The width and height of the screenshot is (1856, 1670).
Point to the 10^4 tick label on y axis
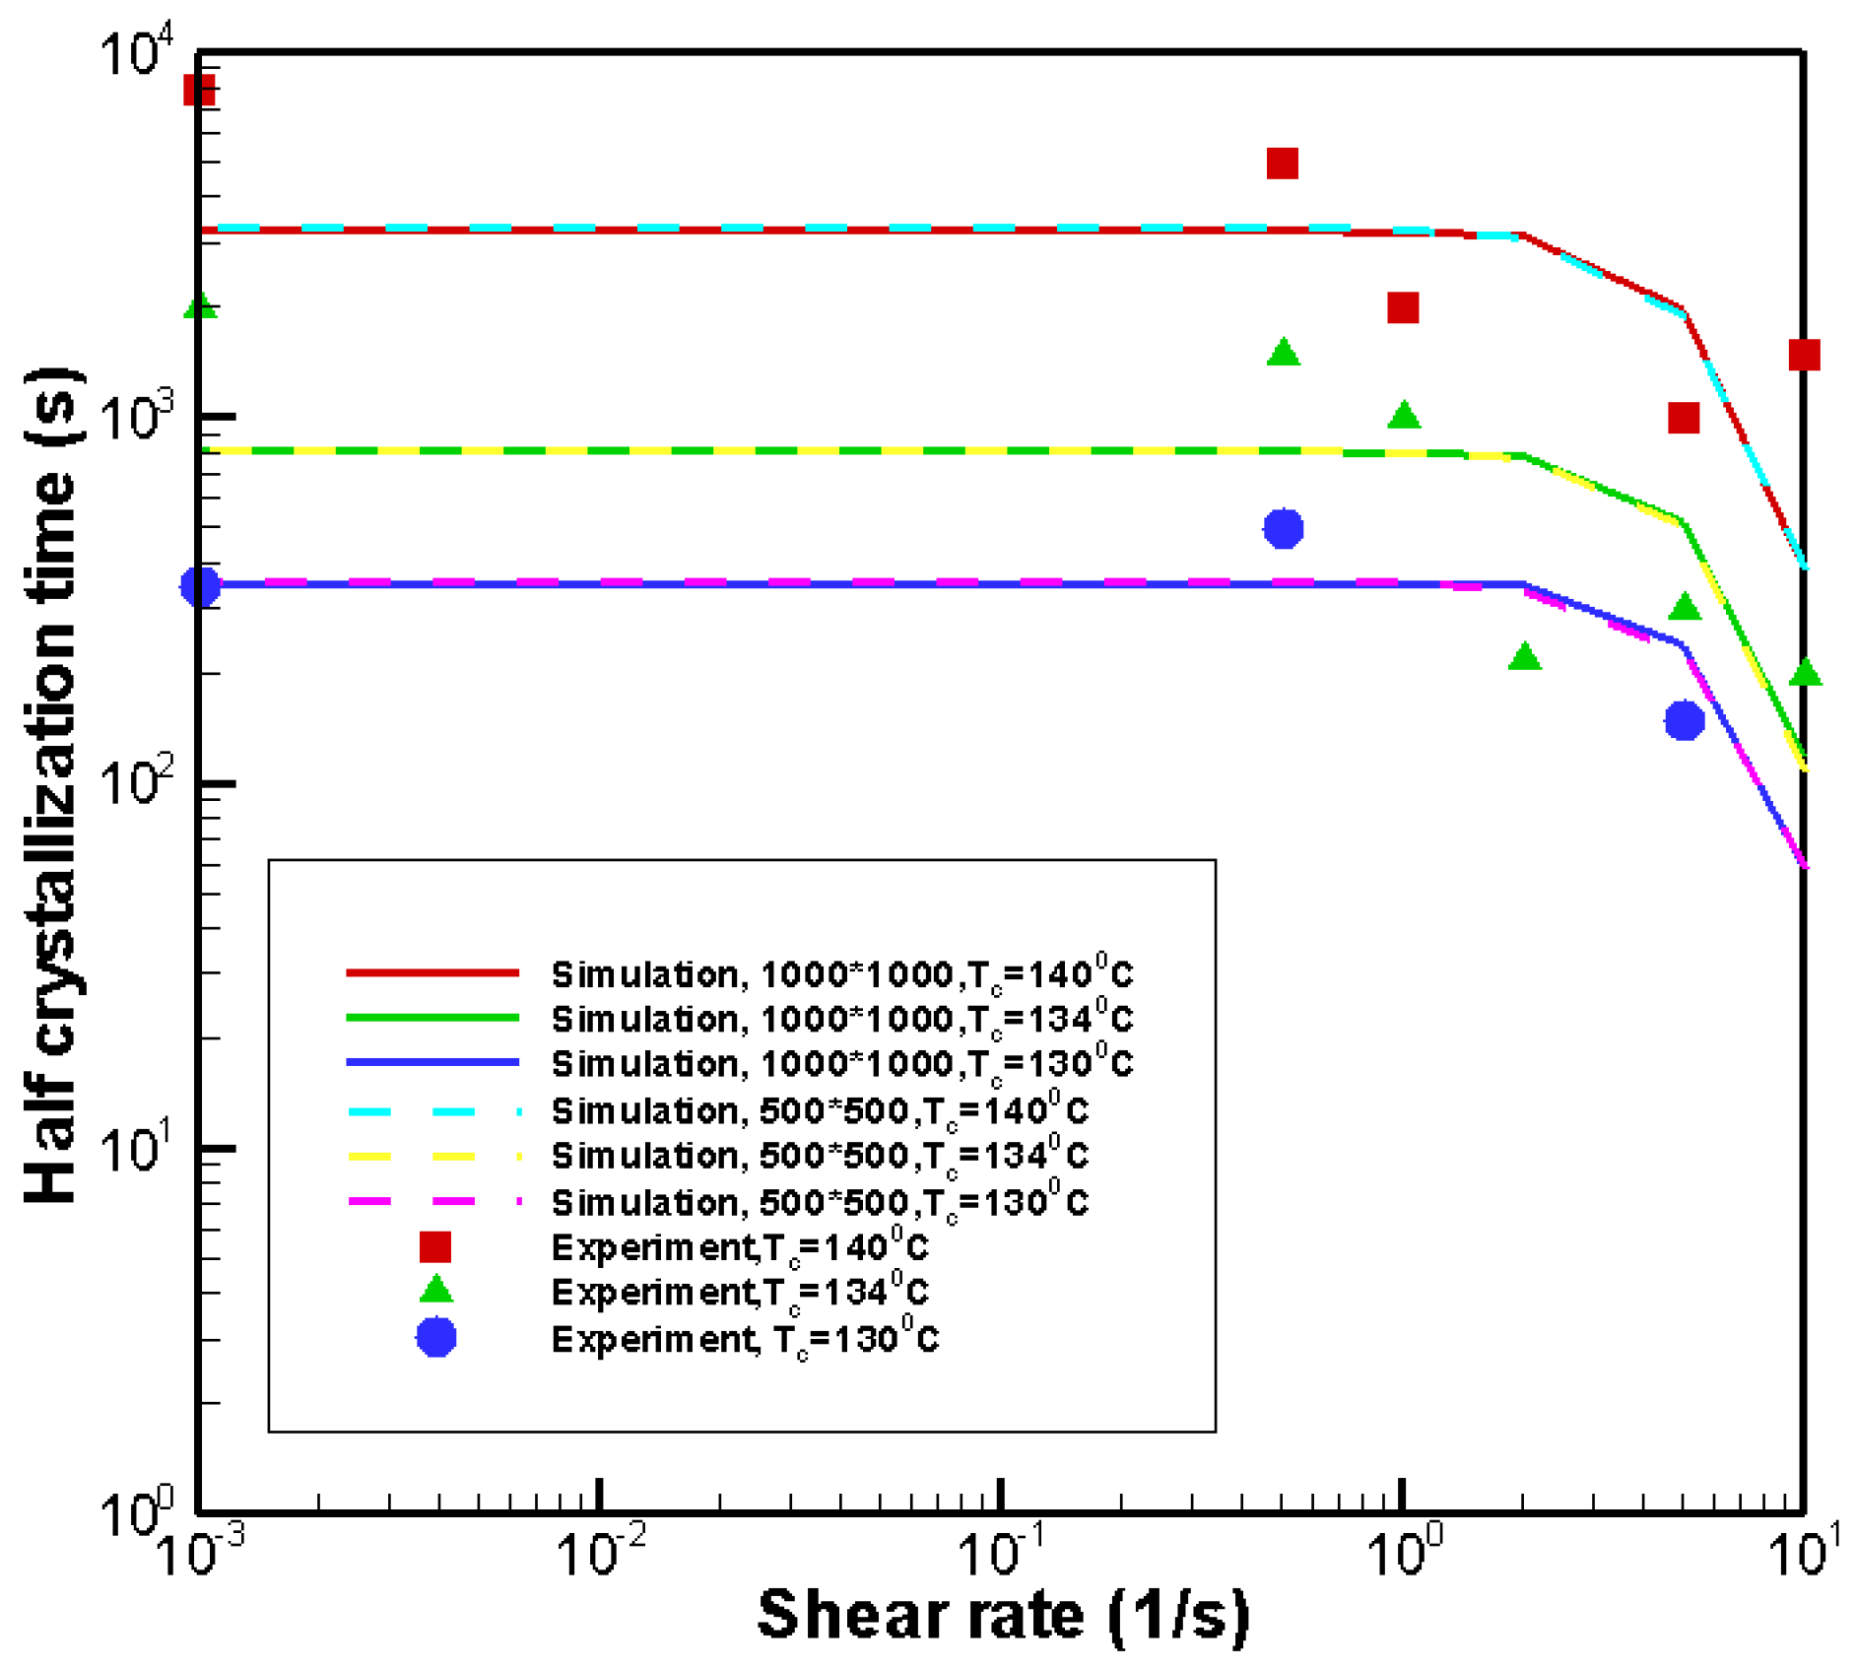click(138, 51)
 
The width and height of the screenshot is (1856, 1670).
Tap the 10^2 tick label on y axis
click(138, 783)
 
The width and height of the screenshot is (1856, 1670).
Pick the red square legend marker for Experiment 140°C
click(435, 1247)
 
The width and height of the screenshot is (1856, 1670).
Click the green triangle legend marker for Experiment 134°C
click(435, 1291)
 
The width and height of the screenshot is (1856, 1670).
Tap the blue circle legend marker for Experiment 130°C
click(435, 1338)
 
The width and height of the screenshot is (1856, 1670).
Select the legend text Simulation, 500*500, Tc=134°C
click(820, 1155)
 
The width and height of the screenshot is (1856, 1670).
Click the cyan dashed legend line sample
click(433, 1111)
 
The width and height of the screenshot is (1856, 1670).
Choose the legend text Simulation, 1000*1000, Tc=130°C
click(842, 1064)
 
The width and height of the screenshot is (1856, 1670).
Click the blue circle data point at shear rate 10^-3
click(201, 587)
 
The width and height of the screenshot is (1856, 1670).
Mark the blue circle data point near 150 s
click(1685, 721)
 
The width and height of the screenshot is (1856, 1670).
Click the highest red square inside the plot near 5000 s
click(1282, 164)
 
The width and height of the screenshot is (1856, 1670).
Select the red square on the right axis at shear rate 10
click(1804, 355)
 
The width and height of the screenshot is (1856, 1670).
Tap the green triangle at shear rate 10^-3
click(201, 306)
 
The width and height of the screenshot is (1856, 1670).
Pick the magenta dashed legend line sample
click(433, 1202)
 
